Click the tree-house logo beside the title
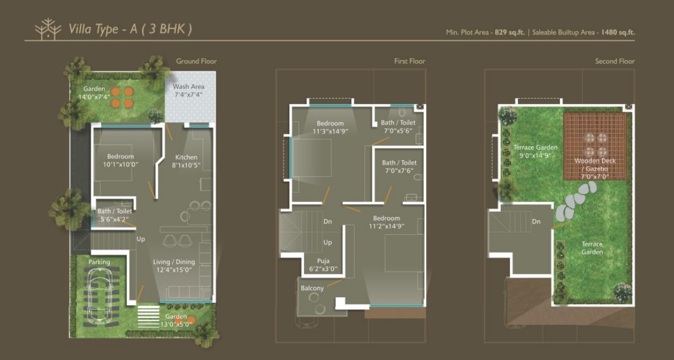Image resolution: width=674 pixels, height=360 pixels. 48,29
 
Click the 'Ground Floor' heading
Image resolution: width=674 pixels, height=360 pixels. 196,61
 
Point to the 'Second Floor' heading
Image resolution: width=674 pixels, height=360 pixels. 615,61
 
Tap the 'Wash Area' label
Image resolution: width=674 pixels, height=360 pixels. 188,87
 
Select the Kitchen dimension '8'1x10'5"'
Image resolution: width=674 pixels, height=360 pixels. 187,165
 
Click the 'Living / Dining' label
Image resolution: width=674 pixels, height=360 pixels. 174,262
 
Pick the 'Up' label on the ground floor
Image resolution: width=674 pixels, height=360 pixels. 141,239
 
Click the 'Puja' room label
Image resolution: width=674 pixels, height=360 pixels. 323,260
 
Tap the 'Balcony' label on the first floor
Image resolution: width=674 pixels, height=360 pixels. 312,288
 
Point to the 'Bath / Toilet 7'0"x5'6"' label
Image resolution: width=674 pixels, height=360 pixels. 398,126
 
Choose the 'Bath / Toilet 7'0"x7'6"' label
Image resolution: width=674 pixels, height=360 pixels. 400,166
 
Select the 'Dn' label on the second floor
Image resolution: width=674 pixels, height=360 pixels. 536,221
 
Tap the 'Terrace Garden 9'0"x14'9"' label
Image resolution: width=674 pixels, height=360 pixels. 535,152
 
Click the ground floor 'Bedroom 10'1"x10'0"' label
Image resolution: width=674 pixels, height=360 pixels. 121,160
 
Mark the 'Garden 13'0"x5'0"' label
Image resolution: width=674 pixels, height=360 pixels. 175,320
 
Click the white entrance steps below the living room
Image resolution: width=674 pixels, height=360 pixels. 148,316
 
